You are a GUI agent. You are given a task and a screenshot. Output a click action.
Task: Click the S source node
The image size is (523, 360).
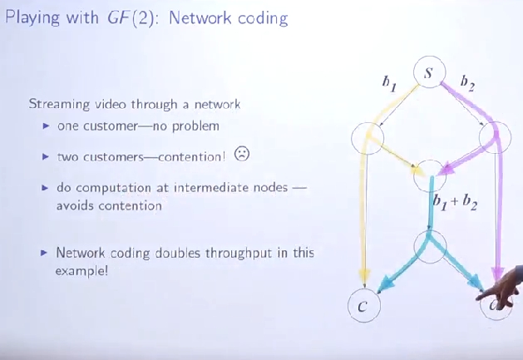pyautogui.click(x=427, y=73)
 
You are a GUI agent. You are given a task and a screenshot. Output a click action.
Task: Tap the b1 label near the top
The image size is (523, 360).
pyautogui.click(x=387, y=82)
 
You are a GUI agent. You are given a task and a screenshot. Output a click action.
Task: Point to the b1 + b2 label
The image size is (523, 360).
pyautogui.click(x=455, y=202)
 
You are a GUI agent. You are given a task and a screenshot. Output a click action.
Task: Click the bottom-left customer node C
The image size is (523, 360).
pyautogui.click(x=362, y=306)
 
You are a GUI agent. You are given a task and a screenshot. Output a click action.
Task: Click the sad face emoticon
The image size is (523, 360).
pyautogui.click(x=241, y=154)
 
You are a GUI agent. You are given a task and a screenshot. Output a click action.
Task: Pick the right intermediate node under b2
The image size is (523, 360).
pyautogui.click(x=495, y=136)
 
